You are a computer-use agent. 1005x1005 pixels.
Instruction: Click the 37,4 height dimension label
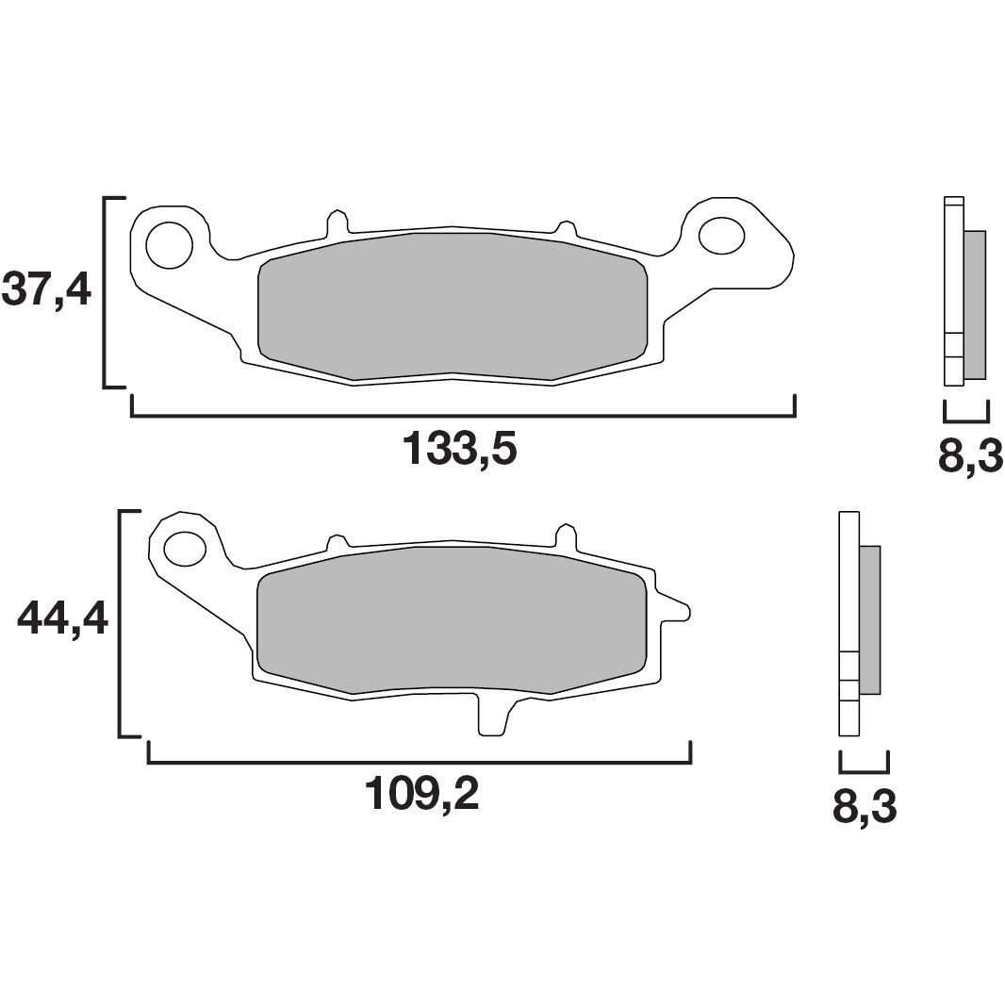pyautogui.click(x=46, y=288)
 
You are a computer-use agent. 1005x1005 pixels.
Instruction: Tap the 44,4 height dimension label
pyautogui.click(x=62, y=619)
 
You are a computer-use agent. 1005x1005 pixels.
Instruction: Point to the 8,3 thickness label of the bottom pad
pyautogui.click(x=864, y=808)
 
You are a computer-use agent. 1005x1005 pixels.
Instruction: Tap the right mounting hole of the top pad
pyautogui.click(x=721, y=236)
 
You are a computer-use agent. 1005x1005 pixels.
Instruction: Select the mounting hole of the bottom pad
pyautogui.click(x=185, y=548)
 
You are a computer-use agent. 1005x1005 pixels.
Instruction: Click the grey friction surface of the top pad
pyautogui.click(x=453, y=306)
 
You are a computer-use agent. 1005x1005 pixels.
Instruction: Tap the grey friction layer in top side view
pyautogui.click(x=974, y=304)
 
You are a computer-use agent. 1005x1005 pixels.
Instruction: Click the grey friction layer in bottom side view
pyautogui.click(x=868, y=618)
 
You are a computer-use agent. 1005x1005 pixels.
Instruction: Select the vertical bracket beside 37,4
pyautogui.click(x=106, y=292)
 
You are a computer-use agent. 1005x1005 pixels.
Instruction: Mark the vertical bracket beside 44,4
pyautogui.click(x=121, y=622)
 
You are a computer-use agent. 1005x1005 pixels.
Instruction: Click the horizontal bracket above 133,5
pyautogui.click(x=463, y=414)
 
